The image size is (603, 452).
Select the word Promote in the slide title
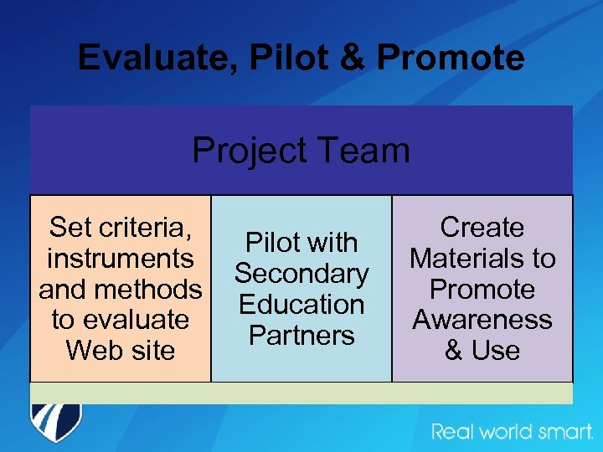(x=451, y=59)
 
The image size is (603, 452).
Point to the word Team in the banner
(x=364, y=151)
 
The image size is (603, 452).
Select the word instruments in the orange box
(x=121, y=258)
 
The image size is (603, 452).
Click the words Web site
(x=121, y=350)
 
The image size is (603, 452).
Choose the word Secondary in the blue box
(x=301, y=273)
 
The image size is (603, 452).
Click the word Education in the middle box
(x=301, y=304)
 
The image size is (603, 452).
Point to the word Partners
(x=301, y=335)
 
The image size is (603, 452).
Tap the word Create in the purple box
(x=482, y=227)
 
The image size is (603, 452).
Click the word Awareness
(x=482, y=319)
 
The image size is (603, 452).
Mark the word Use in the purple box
(x=495, y=350)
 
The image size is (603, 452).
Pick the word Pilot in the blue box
(x=272, y=243)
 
